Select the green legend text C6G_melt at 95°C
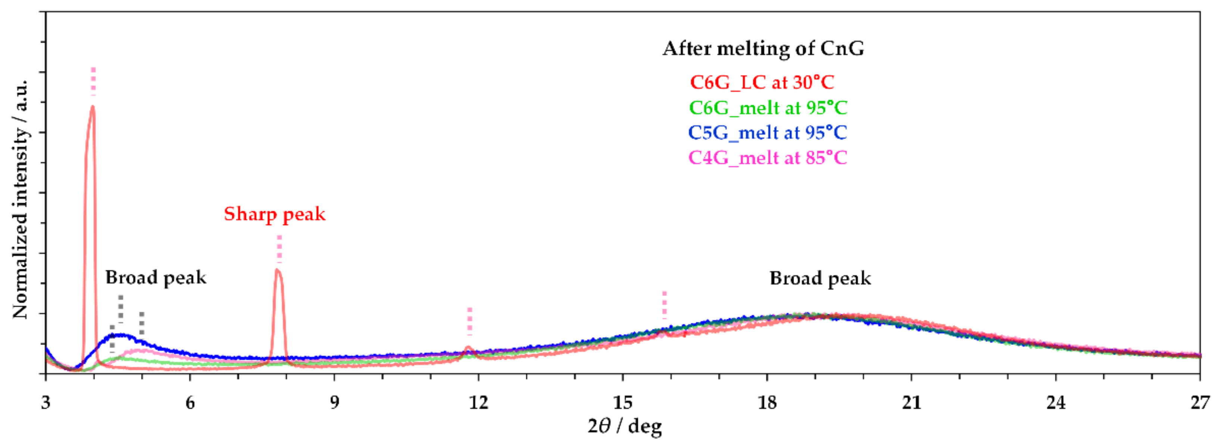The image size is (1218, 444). point(768,108)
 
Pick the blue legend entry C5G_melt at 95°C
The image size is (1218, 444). point(767,133)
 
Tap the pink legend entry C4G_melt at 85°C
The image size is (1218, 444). point(767,158)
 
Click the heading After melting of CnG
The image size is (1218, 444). point(763,49)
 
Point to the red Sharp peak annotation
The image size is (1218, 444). point(275,214)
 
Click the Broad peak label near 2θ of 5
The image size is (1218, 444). point(156,277)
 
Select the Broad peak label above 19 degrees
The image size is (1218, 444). point(820,278)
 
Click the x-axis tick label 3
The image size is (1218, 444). point(46,403)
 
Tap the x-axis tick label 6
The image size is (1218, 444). point(190,403)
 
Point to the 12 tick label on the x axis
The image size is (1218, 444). point(478,403)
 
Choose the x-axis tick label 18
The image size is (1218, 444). point(767,403)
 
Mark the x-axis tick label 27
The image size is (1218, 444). point(1200,403)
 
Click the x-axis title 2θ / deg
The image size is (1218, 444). point(624,426)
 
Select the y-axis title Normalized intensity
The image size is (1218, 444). point(20,199)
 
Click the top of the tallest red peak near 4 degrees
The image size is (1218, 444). point(93,107)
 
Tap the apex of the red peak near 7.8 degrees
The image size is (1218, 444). point(278,270)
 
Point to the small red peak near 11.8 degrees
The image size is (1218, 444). point(469,348)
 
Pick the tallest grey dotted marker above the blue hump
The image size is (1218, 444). point(121,308)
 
